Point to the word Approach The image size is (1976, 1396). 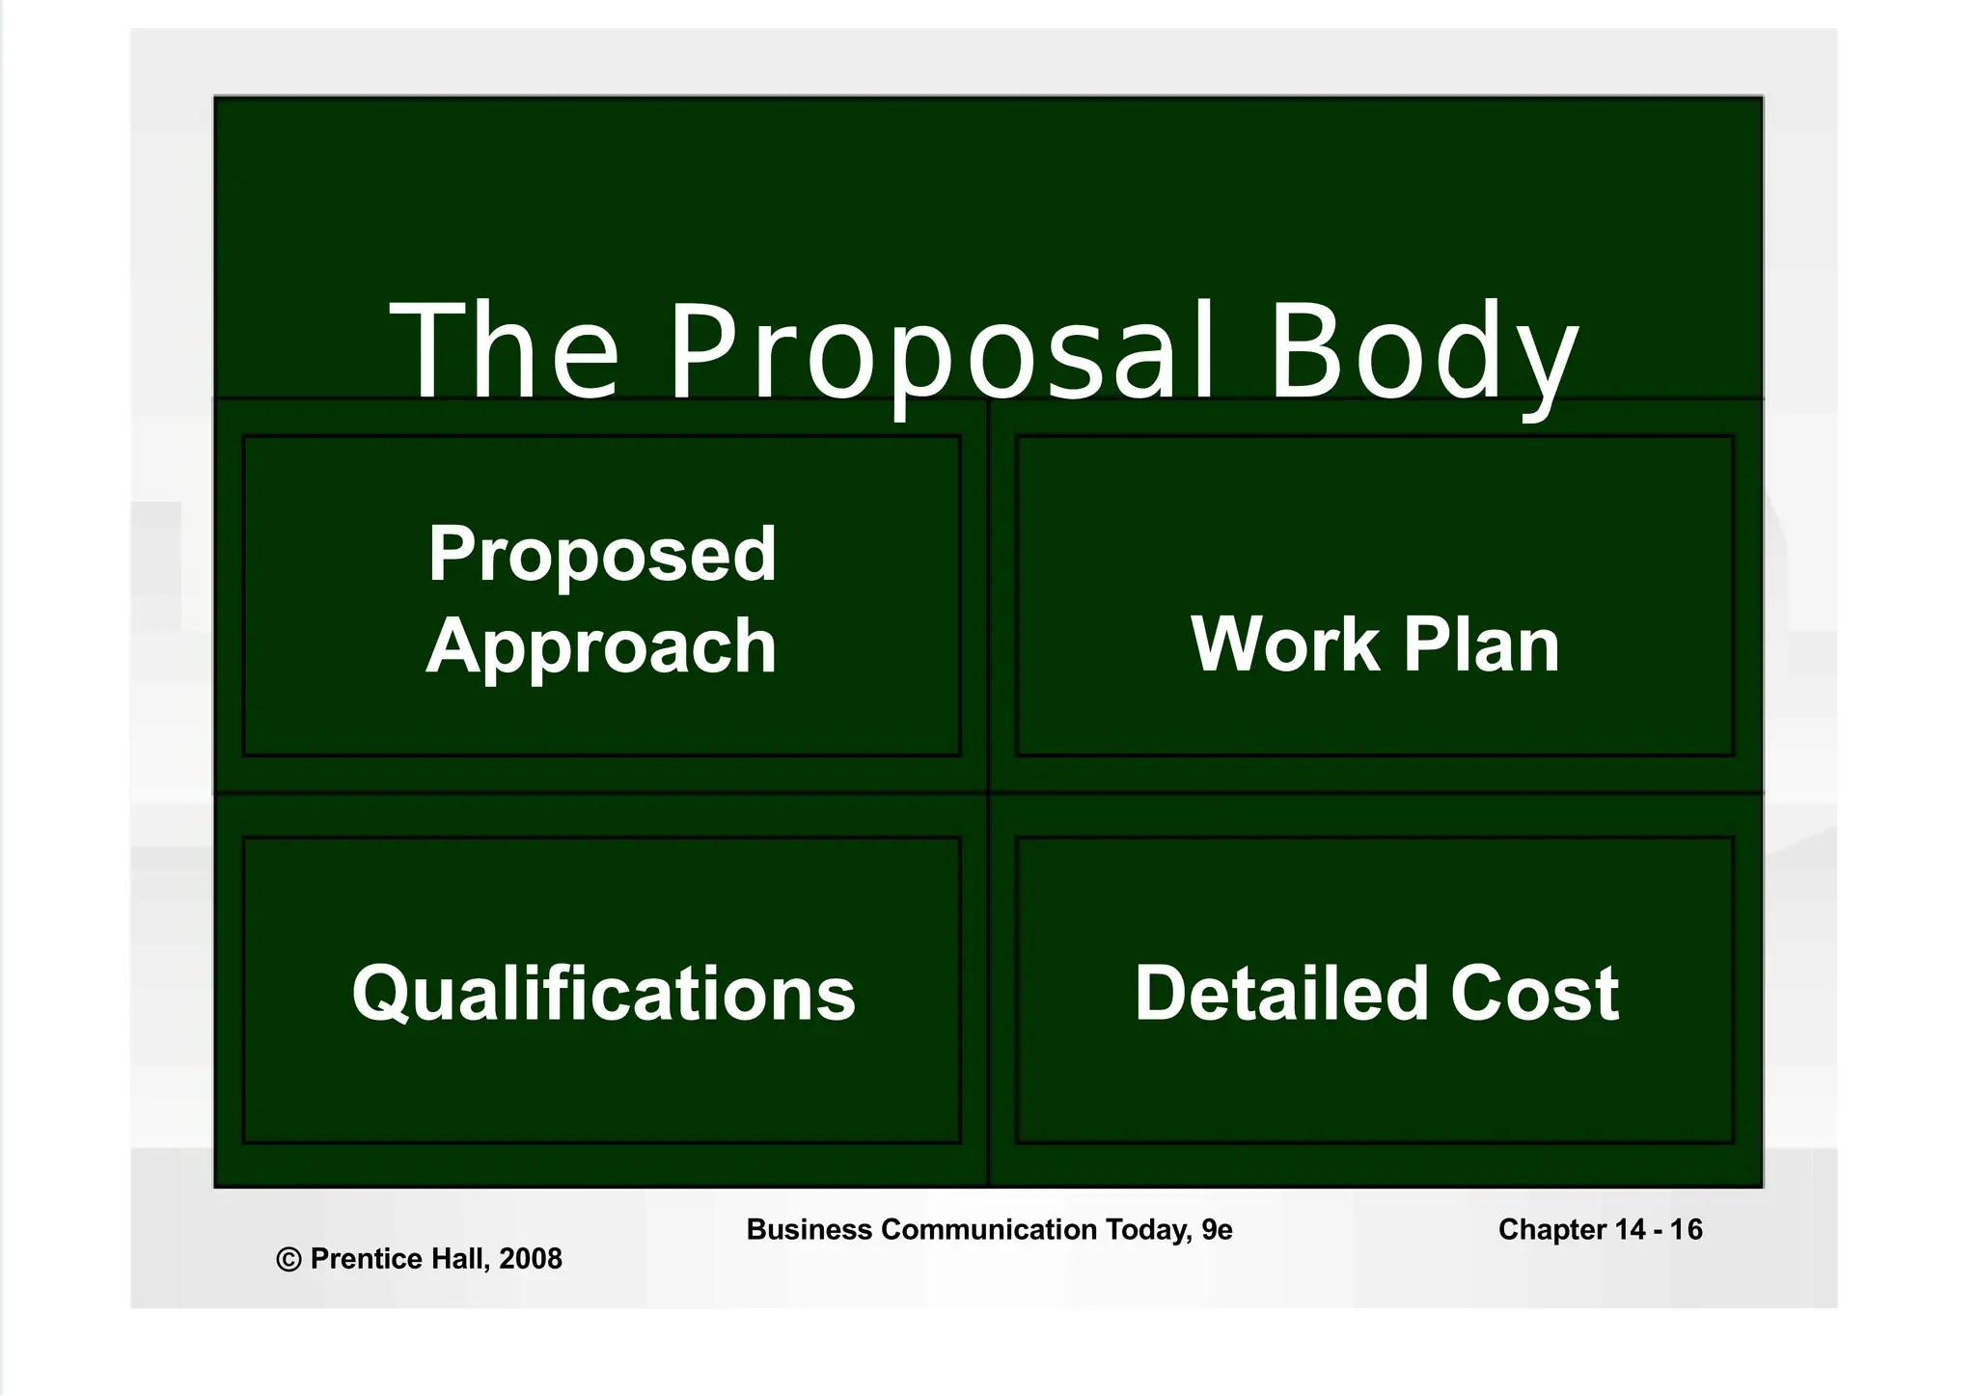pyautogui.click(x=601, y=646)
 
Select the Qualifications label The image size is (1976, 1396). pyautogui.click(x=603, y=994)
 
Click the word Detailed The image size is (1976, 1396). pyautogui.click(x=1280, y=993)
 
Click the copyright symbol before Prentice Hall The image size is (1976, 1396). pyautogui.click(x=288, y=1259)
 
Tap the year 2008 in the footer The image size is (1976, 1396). pyautogui.click(x=531, y=1259)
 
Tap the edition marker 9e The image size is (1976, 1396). pyautogui.click(x=1218, y=1230)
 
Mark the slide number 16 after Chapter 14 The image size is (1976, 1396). pyautogui.click(x=1687, y=1230)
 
